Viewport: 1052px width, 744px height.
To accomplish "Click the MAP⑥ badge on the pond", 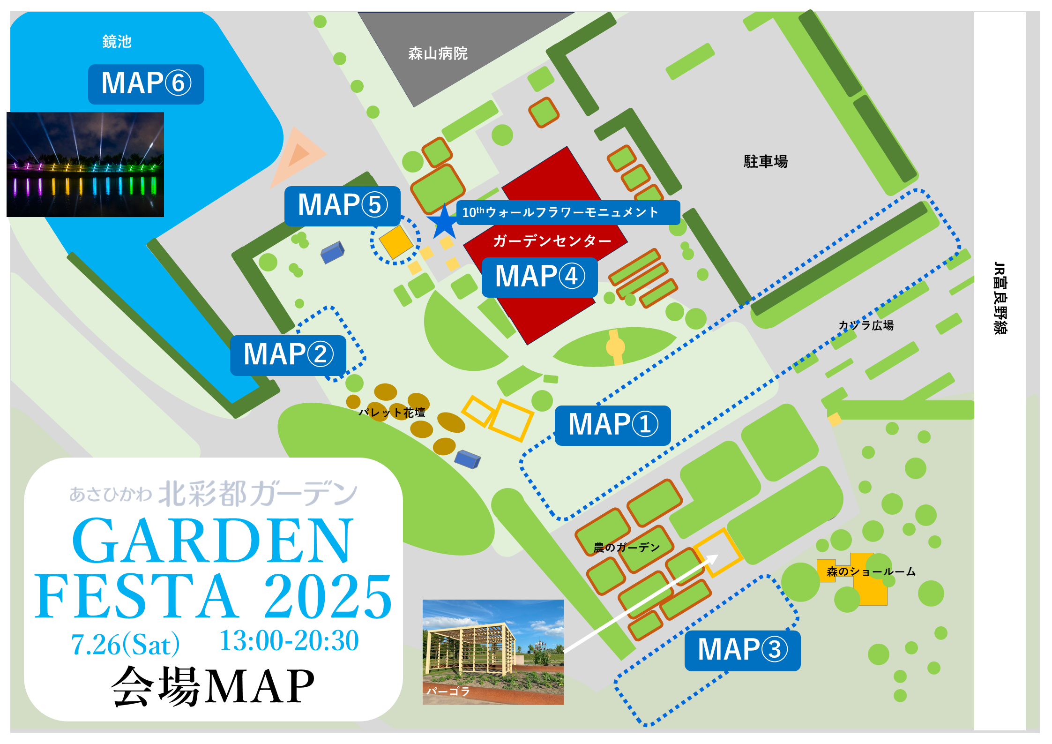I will (146, 84).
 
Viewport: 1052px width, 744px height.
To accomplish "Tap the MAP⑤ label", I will (342, 206).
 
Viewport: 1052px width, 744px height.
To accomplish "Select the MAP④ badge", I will (539, 277).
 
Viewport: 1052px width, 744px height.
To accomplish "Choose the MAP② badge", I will (288, 355).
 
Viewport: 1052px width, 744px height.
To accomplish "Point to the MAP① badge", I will (612, 425).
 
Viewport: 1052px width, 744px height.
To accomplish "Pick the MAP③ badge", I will (742, 650).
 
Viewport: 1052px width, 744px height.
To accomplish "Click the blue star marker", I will (443, 222).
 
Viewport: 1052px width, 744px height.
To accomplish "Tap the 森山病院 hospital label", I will (438, 53).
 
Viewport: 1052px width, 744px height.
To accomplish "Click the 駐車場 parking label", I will (766, 161).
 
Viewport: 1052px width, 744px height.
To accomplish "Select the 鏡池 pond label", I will (117, 41).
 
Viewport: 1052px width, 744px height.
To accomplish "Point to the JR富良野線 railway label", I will (1000, 298).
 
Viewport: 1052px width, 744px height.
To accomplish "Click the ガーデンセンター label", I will (552, 241).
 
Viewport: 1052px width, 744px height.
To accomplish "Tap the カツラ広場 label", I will (866, 325).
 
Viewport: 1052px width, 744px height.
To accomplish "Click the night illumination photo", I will (85, 164).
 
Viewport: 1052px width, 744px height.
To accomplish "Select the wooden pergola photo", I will (493, 652).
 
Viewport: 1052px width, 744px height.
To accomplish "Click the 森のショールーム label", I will (871, 571).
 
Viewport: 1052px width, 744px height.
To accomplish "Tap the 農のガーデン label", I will (626, 547).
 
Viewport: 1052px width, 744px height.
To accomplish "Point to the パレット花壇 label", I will (392, 413).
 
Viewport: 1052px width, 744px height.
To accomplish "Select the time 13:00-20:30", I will (289, 641).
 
